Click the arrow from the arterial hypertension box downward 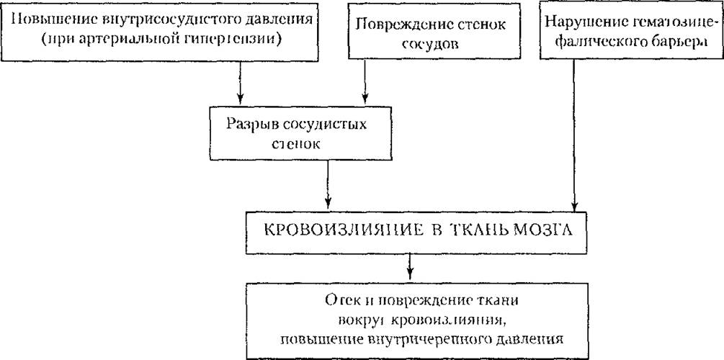click(x=240, y=83)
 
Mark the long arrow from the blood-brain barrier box click(x=574, y=135)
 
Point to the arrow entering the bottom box click(x=408, y=267)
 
